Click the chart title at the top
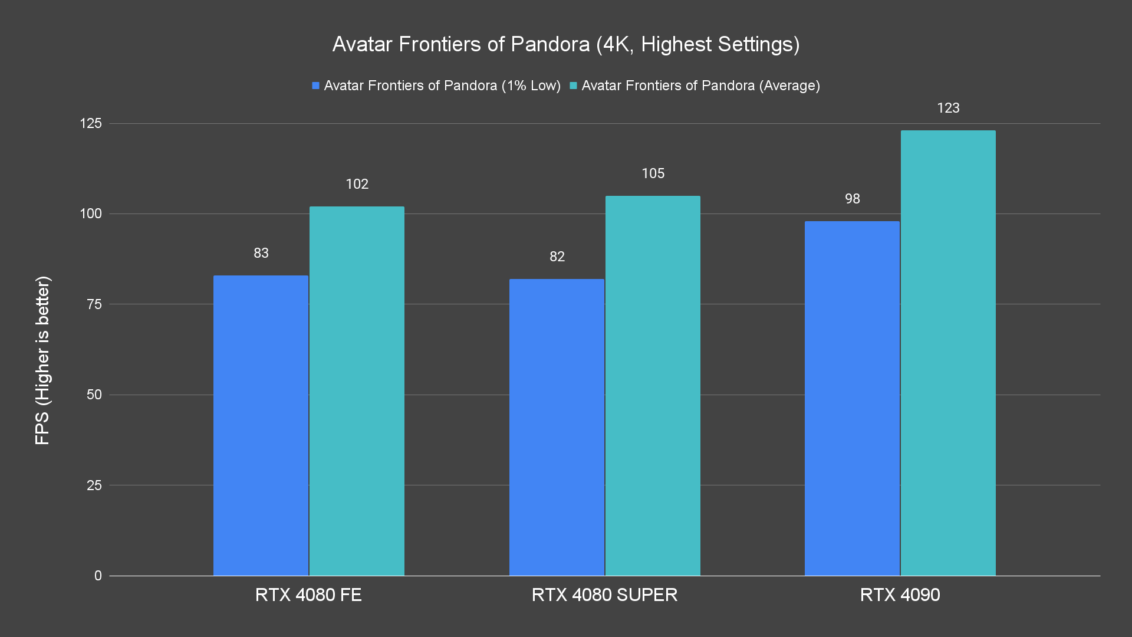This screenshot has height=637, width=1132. [x=566, y=44]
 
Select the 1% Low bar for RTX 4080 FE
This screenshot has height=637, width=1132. [x=261, y=425]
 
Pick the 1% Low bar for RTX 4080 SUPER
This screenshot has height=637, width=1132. [x=557, y=427]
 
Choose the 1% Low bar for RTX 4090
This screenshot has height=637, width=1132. [x=852, y=398]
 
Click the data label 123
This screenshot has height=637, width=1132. [x=948, y=108]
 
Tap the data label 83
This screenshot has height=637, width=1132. [x=261, y=253]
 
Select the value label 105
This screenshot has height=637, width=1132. [x=653, y=173]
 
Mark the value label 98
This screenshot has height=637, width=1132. [x=852, y=199]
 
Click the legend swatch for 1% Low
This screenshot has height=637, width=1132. [x=316, y=86]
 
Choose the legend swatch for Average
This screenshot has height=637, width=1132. [x=573, y=86]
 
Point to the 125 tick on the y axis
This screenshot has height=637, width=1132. [x=91, y=123]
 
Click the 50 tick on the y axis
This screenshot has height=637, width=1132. [x=94, y=395]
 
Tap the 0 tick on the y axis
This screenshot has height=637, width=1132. [x=98, y=576]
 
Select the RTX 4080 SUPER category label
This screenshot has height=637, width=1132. [x=604, y=595]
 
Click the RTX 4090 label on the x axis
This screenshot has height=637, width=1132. [x=900, y=595]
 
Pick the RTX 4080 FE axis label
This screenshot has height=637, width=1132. [x=308, y=595]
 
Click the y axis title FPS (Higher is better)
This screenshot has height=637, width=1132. [x=42, y=360]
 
